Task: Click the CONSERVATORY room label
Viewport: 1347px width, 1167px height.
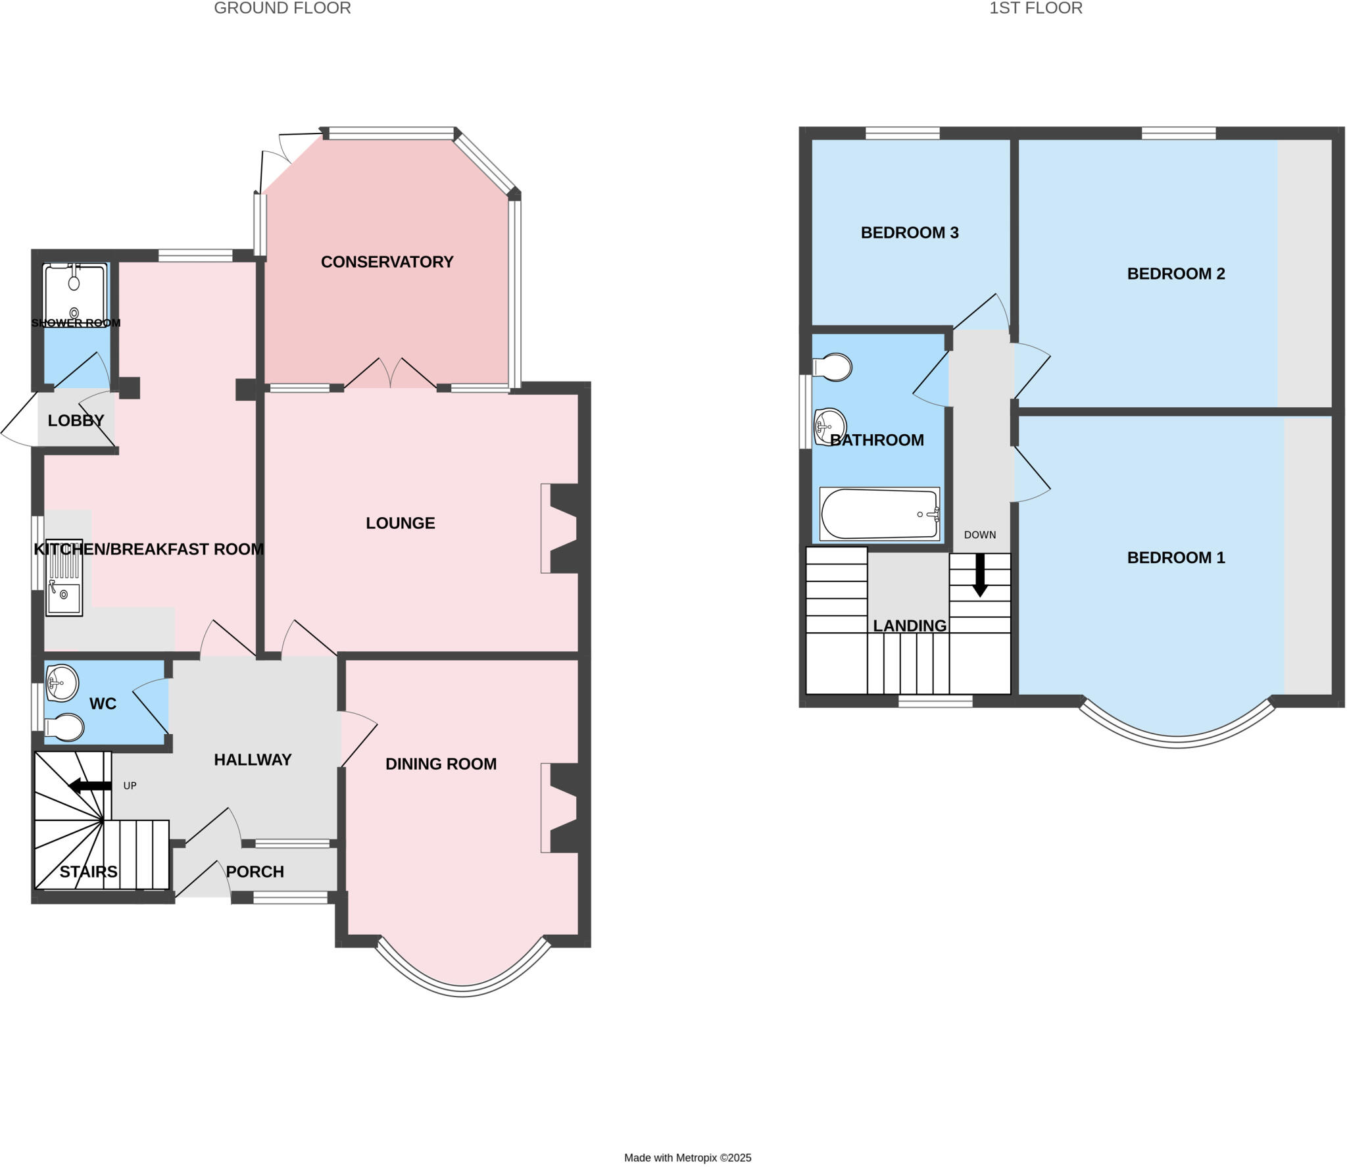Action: point(387,262)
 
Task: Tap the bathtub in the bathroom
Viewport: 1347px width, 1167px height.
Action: point(879,514)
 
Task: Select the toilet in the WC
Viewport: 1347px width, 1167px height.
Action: point(65,727)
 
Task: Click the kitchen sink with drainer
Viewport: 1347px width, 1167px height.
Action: point(64,578)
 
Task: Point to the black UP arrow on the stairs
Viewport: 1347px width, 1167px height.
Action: point(90,785)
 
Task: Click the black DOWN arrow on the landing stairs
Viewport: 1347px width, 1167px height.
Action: point(980,574)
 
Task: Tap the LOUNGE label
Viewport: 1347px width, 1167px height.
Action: point(400,523)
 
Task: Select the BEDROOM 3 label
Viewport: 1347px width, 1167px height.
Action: point(909,232)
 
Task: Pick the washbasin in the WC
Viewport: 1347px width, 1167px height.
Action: point(61,682)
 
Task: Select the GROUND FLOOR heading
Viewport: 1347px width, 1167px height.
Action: point(282,8)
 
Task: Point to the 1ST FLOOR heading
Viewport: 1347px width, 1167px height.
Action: point(1035,8)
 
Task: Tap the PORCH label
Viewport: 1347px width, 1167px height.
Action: point(255,872)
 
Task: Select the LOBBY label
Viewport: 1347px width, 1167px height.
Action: point(76,420)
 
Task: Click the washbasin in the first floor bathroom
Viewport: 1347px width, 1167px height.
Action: point(829,426)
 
